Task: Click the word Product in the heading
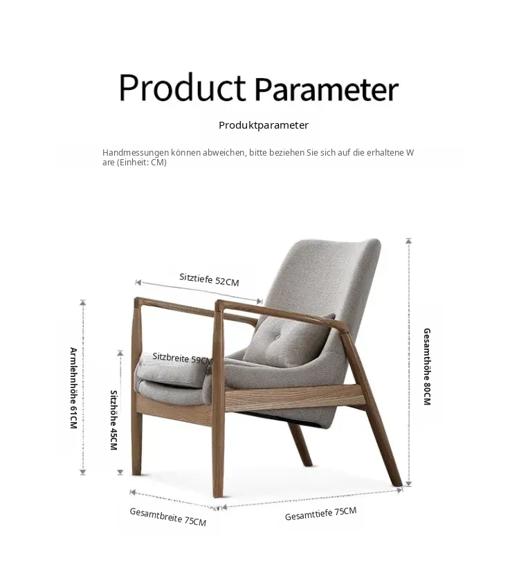click(182, 88)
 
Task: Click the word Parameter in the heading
click(326, 89)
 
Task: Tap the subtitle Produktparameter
click(264, 125)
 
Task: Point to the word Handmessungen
click(136, 153)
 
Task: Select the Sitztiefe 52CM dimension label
click(209, 279)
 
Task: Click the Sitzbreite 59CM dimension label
click(182, 358)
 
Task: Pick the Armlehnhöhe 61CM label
click(73, 388)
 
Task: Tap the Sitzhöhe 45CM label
click(113, 420)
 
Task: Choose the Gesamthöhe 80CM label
click(427, 367)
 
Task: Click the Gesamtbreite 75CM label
click(168, 517)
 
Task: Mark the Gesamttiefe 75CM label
click(320, 514)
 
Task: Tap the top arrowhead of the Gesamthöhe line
click(409, 240)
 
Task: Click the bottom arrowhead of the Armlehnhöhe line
click(83, 472)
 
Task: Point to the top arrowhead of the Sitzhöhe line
click(120, 353)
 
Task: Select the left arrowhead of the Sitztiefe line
click(138, 282)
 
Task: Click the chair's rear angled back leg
click(300, 443)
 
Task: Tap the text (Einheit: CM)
click(141, 163)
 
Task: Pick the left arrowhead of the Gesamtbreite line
click(132, 492)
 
